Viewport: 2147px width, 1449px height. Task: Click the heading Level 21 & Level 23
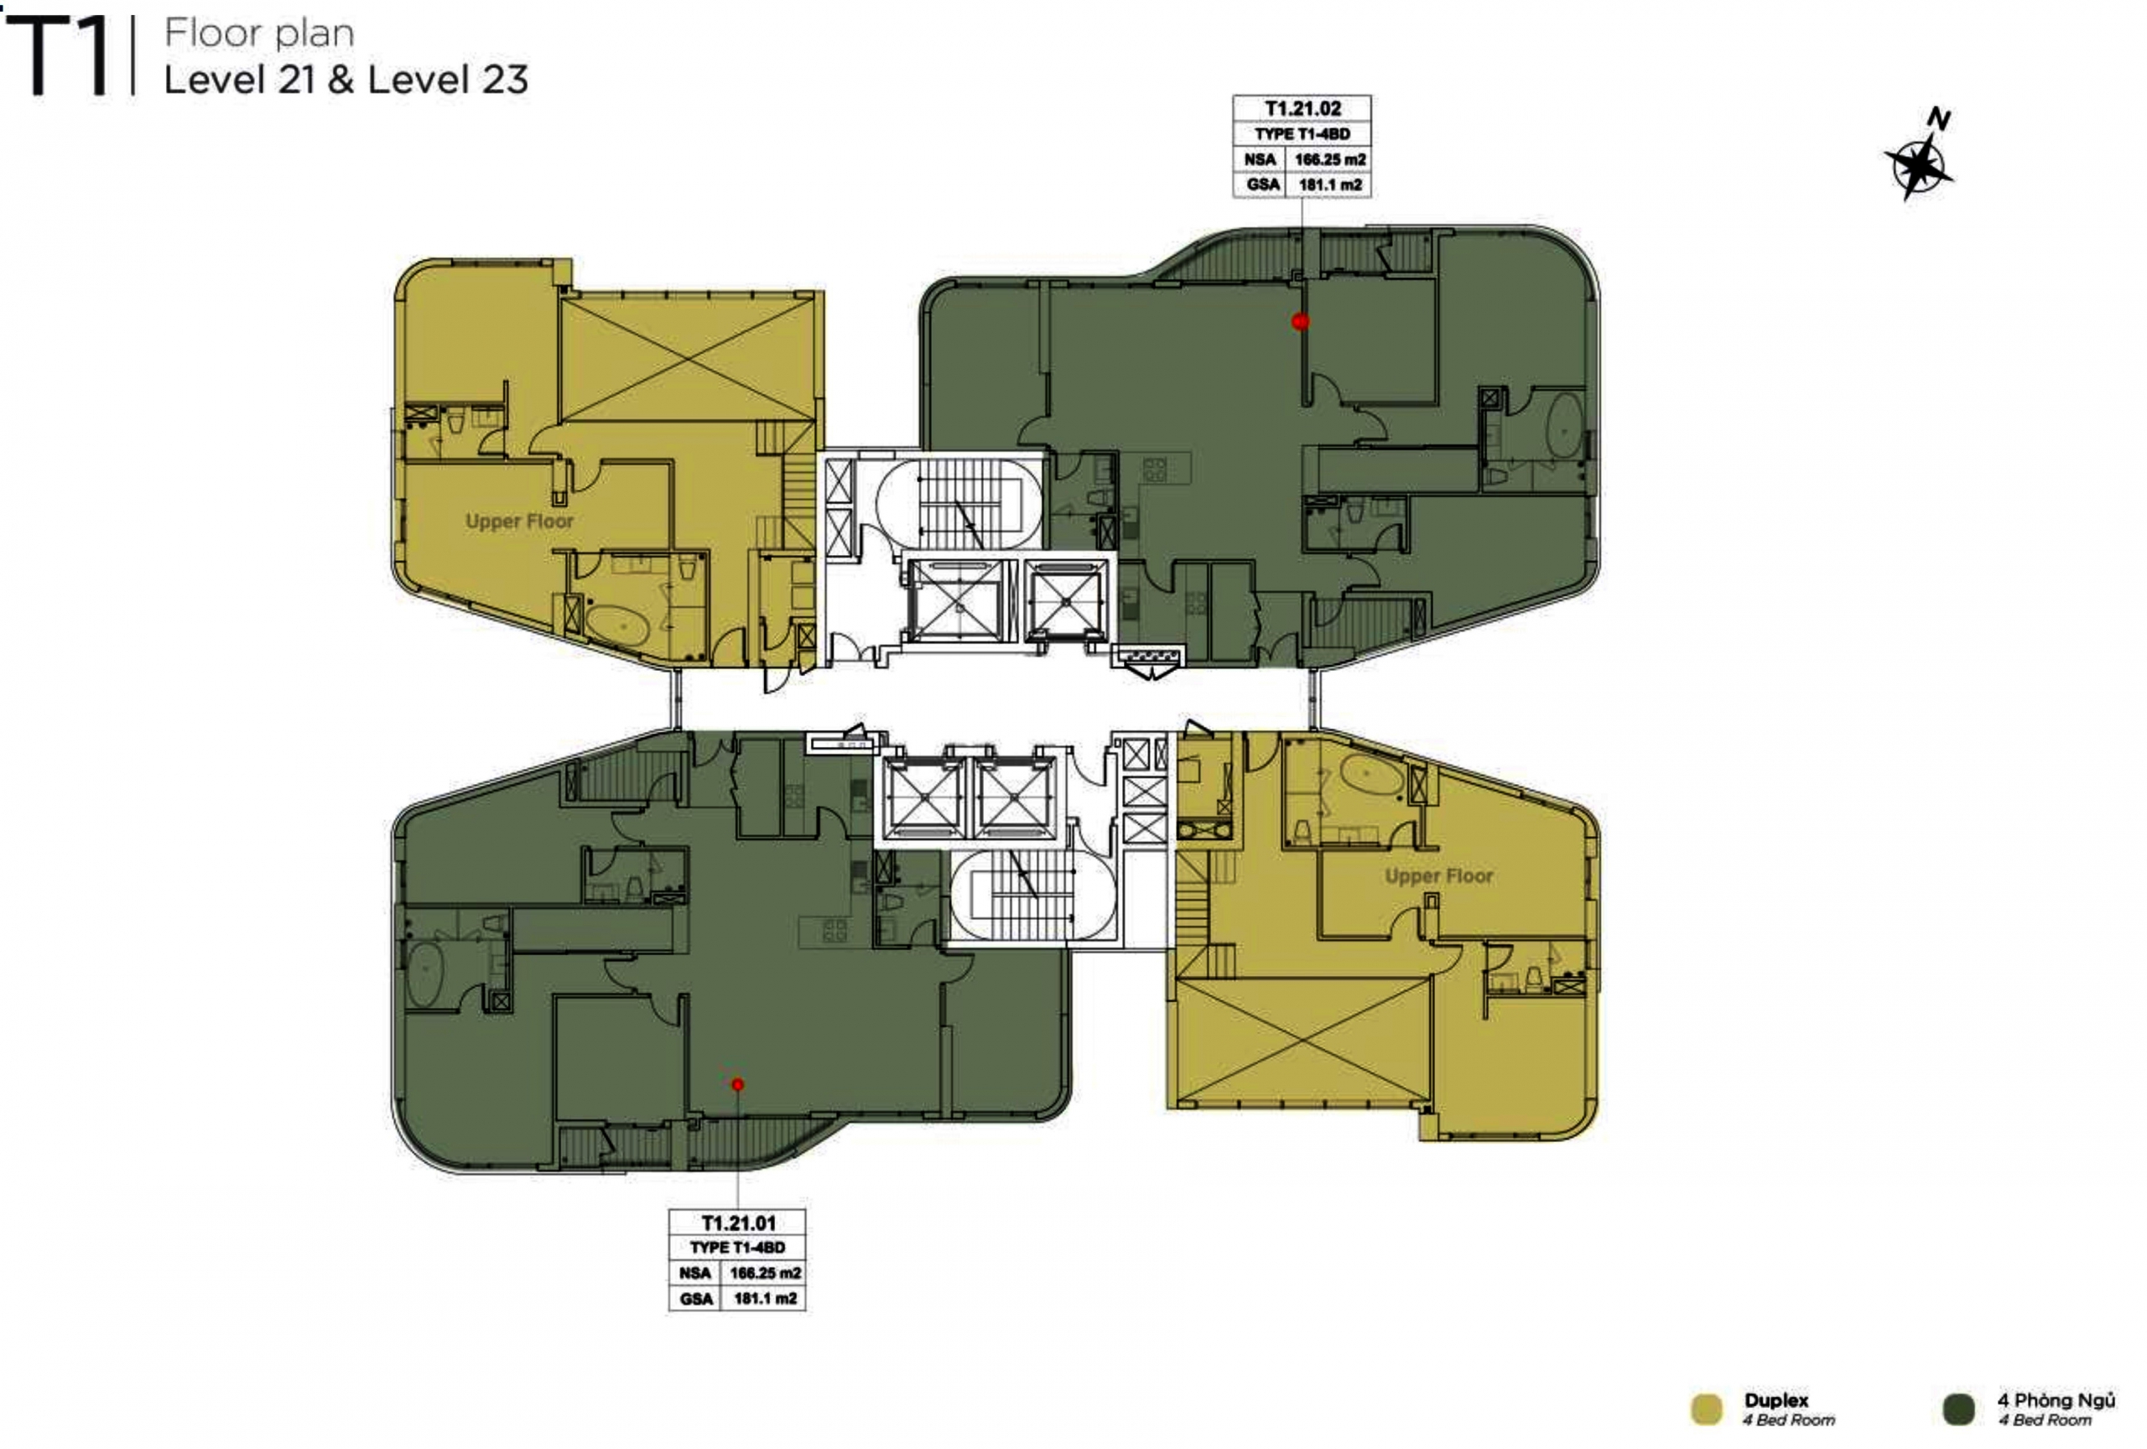(x=346, y=80)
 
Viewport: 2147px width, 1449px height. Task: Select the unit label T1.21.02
(x=1302, y=109)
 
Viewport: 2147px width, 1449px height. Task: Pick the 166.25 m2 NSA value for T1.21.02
(x=1329, y=160)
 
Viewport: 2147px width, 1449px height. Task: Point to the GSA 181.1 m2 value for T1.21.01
(x=765, y=1298)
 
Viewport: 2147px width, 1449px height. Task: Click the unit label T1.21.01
(x=738, y=1223)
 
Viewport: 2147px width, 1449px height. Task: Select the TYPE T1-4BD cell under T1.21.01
(x=737, y=1248)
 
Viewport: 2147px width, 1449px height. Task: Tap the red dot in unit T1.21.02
(x=1301, y=321)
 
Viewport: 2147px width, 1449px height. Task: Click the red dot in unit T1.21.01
(x=737, y=1084)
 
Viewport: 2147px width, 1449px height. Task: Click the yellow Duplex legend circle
(x=1707, y=1410)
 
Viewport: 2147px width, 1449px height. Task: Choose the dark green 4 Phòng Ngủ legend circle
(x=1958, y=1410)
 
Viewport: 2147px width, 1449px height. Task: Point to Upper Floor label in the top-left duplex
(x=519, y=521)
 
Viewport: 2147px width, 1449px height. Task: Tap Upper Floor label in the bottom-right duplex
(x=1438, y=875)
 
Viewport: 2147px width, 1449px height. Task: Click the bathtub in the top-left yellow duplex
(x=620, y=626)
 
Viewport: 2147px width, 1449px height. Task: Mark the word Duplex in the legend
(x=1776, y=1401)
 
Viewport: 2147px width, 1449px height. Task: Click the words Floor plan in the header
(x=260, y=34)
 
